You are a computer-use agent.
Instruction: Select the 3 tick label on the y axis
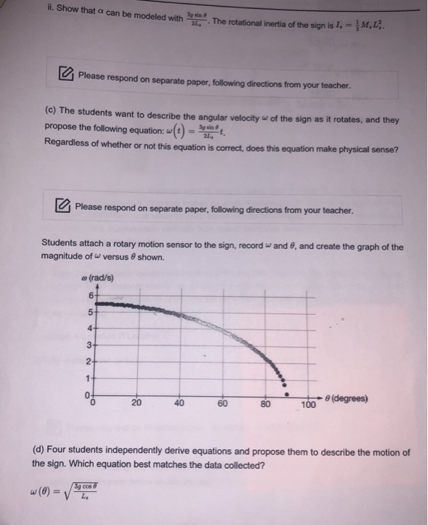[x=87, y=345]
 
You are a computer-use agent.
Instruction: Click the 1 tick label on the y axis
[x=87, y=377]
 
